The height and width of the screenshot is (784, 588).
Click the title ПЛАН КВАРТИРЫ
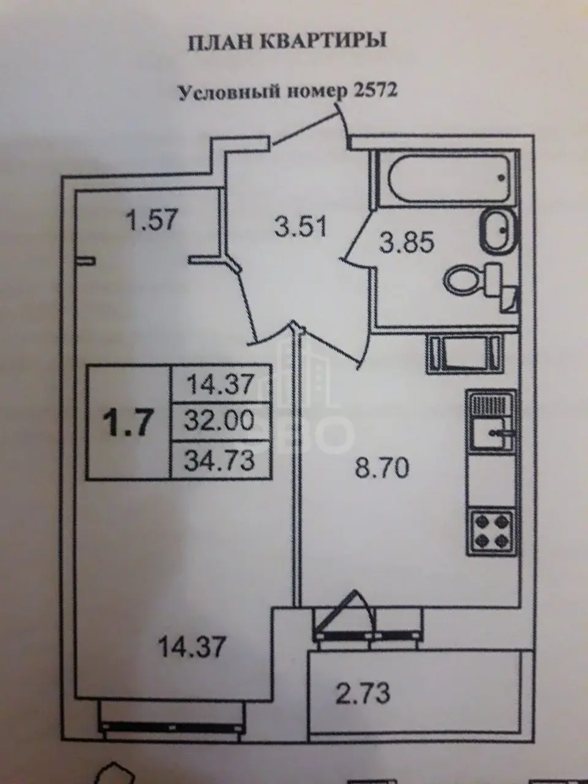[x=287, y=42]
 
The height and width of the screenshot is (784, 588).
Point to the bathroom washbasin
[x=499, y=231]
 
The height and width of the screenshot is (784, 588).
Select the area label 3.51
[x=300, y=227]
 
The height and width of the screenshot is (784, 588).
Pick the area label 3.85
[x=407, y=243]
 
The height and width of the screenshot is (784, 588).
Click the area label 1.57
[x=151, y=220]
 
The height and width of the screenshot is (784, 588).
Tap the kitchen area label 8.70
[x=382, y=469]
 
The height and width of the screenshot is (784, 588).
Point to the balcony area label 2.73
[x=363, y=693]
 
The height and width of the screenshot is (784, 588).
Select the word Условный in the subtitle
[x=228, y=92]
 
